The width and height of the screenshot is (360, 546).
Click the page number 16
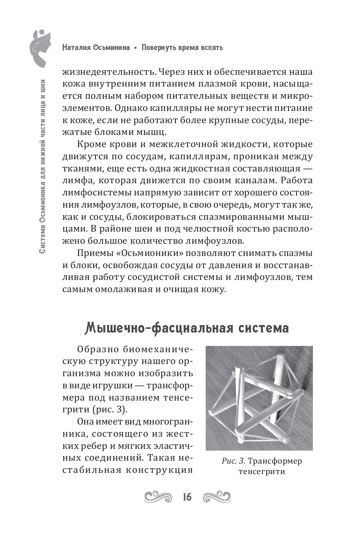click(187, 497)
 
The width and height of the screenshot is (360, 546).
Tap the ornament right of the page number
click(217, 497)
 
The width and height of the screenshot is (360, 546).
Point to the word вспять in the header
click(209, 47)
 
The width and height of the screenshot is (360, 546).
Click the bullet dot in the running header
click(135, 48)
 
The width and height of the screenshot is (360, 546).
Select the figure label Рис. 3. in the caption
click(233, 461)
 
